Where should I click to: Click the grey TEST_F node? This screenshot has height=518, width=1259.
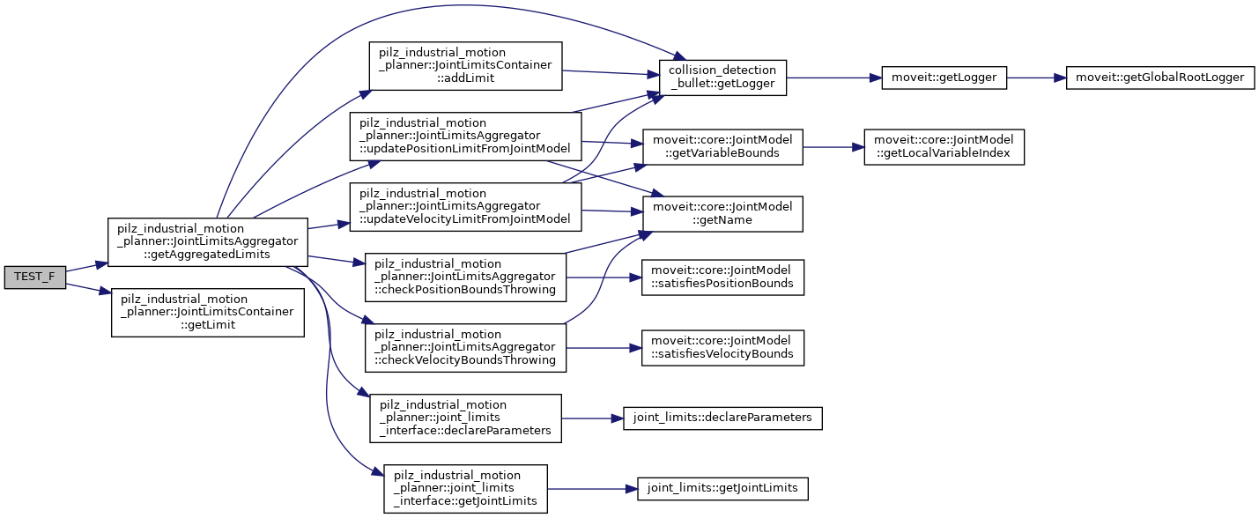[x=34, y=277]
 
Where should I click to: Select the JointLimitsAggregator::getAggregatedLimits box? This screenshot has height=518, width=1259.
[x=207, y=241]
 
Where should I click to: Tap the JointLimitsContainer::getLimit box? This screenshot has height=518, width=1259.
[x=207, y=312]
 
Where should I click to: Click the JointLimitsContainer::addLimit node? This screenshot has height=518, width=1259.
[x=465, y=64]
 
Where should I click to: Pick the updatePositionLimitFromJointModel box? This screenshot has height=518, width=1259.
[x=465, y=136]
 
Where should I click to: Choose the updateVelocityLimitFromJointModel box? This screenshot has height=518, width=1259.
[x=465, y=206]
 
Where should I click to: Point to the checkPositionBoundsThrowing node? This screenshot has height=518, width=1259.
[x=465, y=277]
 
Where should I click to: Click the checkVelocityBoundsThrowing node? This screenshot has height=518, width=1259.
[x=465, y=347]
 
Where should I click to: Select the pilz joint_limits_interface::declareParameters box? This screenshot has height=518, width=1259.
[x=465, y=418]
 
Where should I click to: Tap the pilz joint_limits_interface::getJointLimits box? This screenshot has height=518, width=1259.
[x=465, y=489]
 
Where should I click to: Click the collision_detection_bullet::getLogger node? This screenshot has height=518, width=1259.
[x=722, y=78]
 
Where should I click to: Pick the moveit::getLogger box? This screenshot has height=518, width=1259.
[x=944, y=78]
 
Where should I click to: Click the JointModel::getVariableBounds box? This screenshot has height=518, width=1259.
[x=722, y=148]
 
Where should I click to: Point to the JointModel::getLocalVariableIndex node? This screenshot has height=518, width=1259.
[x=944, y=148]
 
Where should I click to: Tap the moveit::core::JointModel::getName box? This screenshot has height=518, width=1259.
[x=722, y=213]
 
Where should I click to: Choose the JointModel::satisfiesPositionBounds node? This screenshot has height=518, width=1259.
[x=722, y=277]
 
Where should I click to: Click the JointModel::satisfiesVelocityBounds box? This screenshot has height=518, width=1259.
[x=722, y=347]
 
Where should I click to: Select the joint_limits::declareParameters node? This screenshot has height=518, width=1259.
[x=722, y=417]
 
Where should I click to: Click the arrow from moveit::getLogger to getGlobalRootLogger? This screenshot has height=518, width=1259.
[x=1036, y=78]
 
